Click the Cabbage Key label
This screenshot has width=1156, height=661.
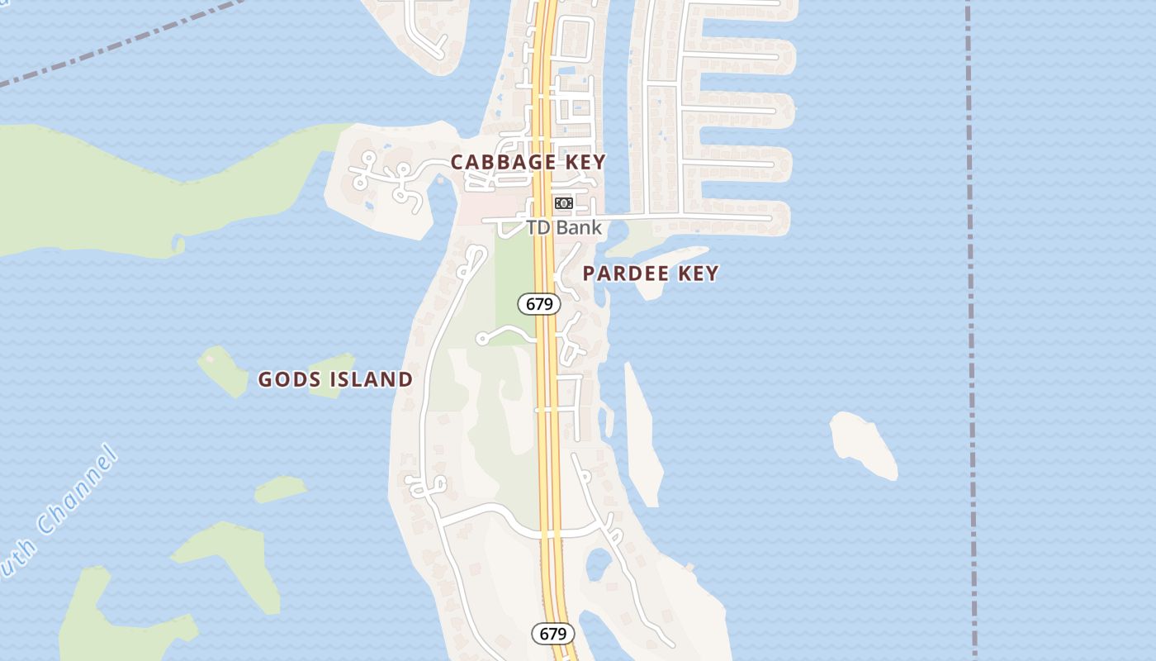pos(528,162)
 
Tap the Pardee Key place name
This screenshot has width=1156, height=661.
pos(651,273)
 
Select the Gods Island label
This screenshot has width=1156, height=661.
pos(335,379)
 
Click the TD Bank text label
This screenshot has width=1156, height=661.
pos(564,227)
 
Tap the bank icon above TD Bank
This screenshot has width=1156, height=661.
pos(564,203)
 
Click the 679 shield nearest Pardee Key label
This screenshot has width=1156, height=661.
pos(539,304)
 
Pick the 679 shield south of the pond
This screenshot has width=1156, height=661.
pos(552,634)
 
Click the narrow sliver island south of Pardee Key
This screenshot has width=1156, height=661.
pos(642,438)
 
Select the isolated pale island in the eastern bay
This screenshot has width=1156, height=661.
pos(863,444)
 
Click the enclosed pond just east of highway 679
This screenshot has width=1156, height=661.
pos(597,564)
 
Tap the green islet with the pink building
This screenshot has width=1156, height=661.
pos(221,369)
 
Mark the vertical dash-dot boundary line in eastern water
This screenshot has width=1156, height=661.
pos(971,330)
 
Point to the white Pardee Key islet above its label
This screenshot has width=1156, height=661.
pos(669,256)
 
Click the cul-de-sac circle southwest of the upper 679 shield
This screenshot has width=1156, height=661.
pos(482,339)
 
